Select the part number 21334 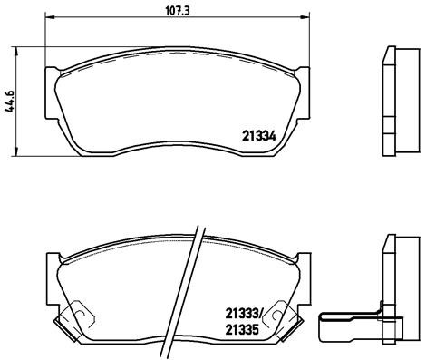tap(258, 136)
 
